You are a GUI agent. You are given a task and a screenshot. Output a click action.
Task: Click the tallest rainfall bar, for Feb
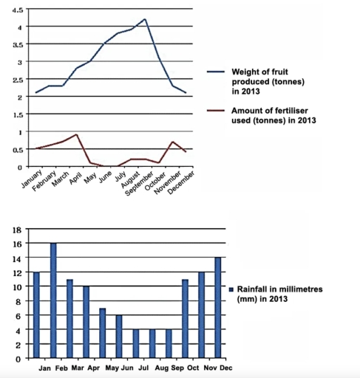point(53,300)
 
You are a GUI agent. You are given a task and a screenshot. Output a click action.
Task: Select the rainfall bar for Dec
point(217,308)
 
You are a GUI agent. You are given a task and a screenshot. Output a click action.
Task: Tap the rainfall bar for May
point(103,333)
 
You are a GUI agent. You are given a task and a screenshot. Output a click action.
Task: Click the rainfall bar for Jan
point(37,315)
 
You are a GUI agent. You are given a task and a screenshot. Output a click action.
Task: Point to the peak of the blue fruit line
point(144,19)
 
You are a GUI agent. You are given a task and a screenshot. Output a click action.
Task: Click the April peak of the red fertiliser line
point(77,134)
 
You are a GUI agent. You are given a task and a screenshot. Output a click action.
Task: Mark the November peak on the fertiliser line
point(172,142)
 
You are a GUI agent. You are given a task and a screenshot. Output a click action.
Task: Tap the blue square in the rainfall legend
point(231,289)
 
